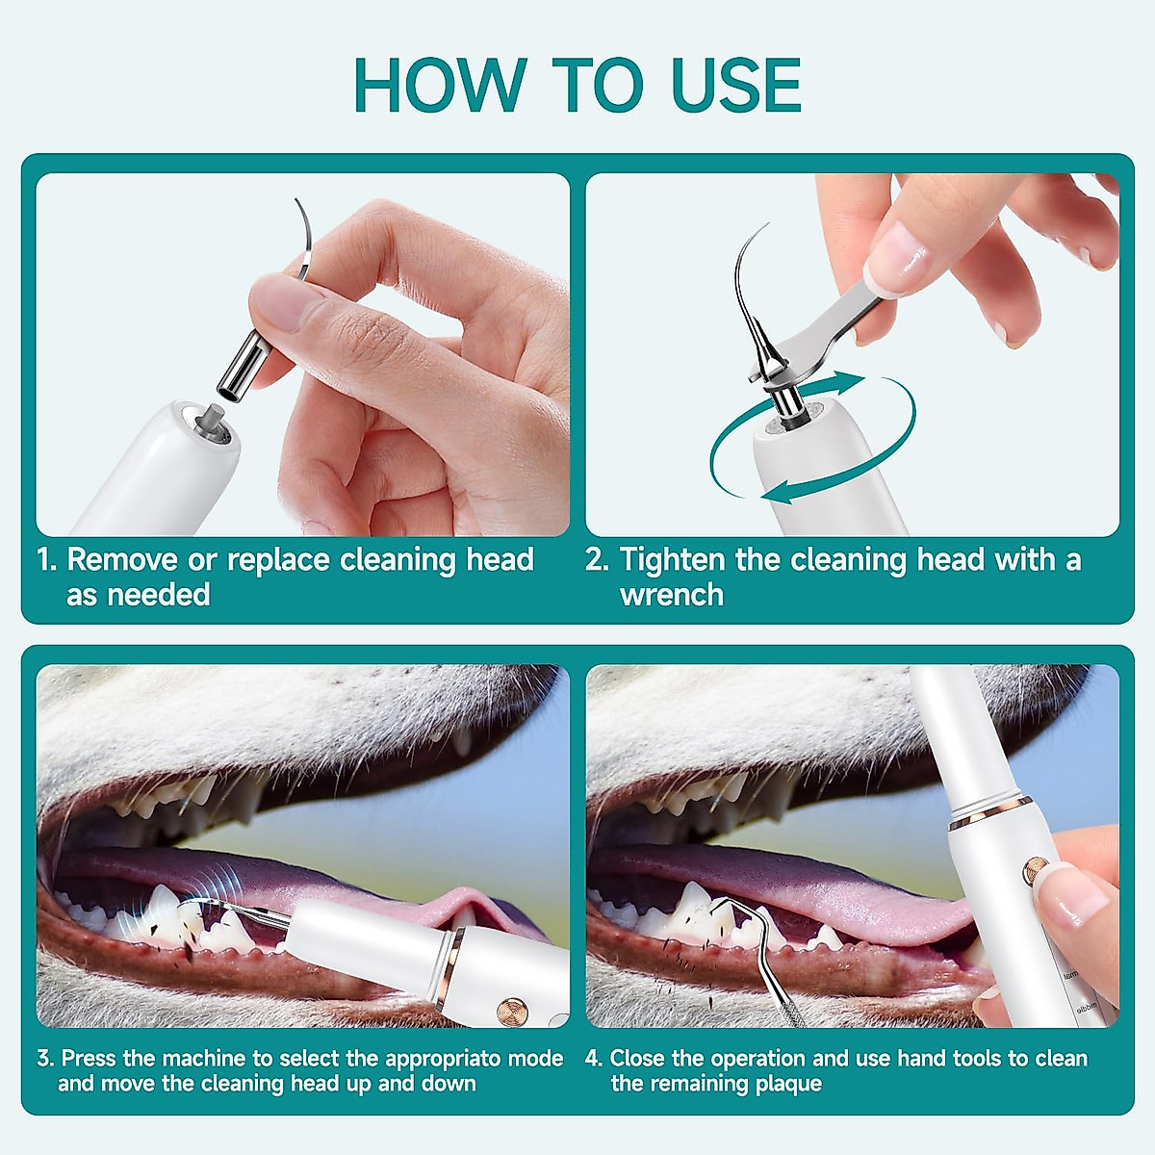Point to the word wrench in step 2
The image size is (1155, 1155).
point(672,595)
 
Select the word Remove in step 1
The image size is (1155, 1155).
point(122,560)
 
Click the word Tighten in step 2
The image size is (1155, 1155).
point(673,561)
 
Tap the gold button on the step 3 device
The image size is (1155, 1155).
point(512,1012)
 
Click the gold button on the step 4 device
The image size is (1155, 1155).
point(1036,868)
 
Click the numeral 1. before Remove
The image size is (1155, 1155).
point(47,560)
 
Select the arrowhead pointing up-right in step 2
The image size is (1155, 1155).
point(846,382)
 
